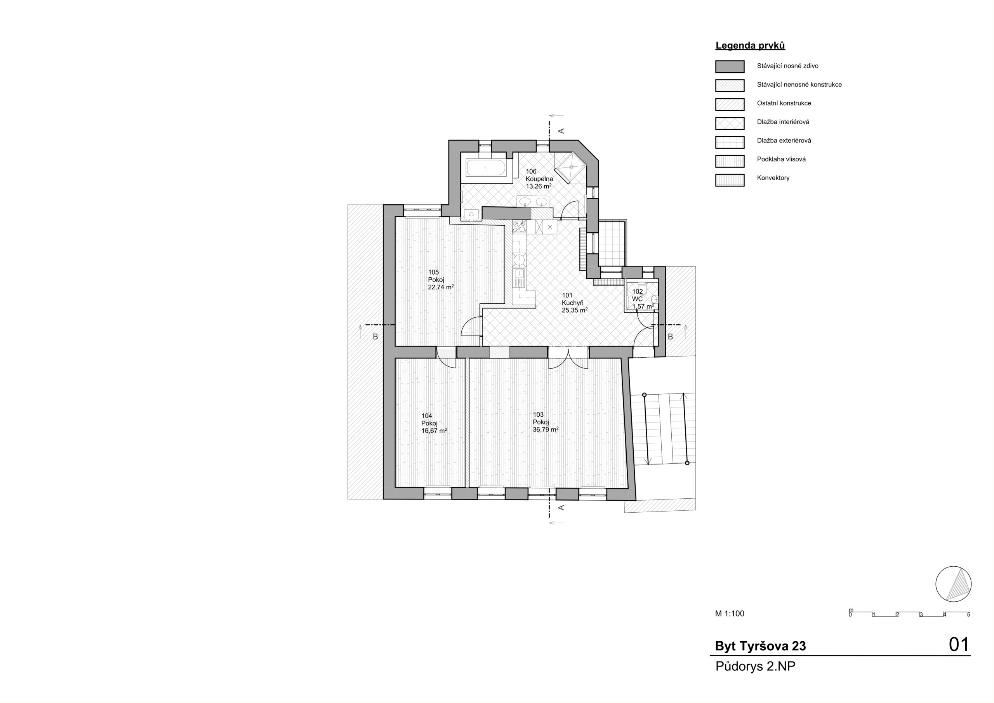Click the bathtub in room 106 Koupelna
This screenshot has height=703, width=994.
tap(486, 168)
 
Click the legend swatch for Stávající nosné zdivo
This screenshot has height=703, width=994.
tap(730, 67)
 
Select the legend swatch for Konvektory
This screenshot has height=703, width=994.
tap(730, 180)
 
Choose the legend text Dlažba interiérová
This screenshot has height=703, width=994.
tap(783, 122)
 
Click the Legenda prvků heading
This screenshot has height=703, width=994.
tap(750, 45)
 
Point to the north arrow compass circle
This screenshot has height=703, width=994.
tap(953, 584)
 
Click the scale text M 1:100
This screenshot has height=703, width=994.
tap(730, 614)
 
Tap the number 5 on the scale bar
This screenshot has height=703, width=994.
tap(968, 614)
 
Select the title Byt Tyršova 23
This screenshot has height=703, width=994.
tap(760, 646)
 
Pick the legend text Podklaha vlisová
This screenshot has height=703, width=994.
tap(782, 159)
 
